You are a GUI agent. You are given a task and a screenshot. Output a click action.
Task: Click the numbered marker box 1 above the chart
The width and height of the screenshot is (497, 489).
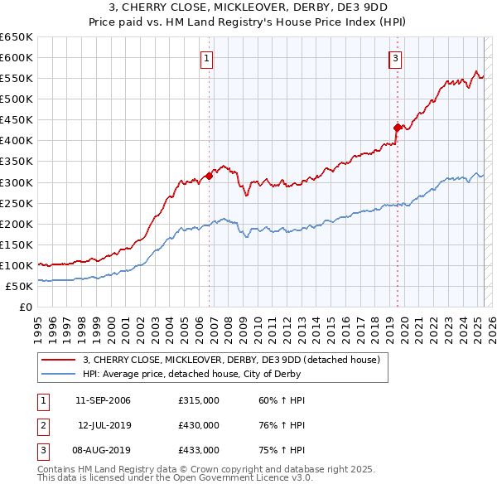click(x=205, y=58)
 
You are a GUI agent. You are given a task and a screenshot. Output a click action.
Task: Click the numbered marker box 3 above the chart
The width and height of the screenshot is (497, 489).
click(x=396, y=58)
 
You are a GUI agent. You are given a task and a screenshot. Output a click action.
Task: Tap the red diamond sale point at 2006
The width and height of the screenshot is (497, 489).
click(x=210, y=175)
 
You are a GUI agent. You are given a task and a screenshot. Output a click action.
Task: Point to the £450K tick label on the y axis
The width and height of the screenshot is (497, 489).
click(x=17, y=120)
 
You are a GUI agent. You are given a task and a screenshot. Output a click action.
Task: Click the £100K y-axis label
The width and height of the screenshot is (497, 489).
click(x=17, y=265)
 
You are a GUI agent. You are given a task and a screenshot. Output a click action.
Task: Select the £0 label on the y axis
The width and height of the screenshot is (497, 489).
click(x=25, y=307)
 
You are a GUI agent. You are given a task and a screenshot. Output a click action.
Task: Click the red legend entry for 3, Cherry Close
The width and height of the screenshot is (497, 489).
click(x=231, y=360)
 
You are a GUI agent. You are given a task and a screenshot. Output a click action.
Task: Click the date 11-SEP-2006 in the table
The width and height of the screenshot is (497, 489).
click(x=103, y=400)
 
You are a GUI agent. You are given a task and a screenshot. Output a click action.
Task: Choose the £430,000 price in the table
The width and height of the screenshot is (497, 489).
click(x=199, y=425)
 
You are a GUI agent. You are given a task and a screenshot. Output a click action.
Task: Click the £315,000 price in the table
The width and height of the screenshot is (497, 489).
click(x=199, y=400)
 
